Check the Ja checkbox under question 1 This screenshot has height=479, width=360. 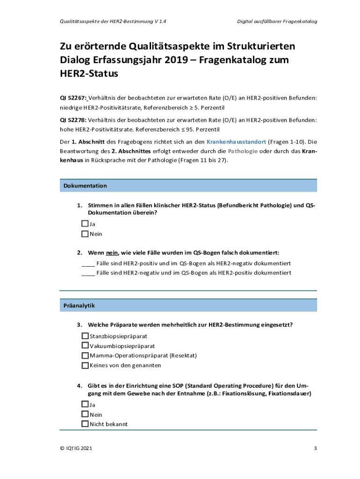[85, 224]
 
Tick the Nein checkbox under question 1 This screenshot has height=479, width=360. [85, 233]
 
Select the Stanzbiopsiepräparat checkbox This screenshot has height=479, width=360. [85, 336]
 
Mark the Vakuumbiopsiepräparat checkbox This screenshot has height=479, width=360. [85, 346]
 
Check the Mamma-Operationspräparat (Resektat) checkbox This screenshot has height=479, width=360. [85, 356]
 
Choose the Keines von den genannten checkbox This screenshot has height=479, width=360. [85, 365]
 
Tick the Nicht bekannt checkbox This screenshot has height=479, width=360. [85, 424]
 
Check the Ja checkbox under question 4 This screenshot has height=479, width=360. [85, 404]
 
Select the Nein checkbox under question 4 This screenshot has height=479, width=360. [85, 414]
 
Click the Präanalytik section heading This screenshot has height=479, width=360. [79, 305]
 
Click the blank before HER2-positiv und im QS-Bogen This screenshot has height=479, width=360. [88, 263]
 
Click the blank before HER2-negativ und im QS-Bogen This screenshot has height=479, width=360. [88, 273]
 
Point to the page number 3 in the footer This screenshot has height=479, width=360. [315, 449]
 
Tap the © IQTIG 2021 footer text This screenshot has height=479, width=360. [76, 449]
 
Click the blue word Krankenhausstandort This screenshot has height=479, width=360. [236, 141]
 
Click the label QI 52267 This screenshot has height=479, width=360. [72, 98]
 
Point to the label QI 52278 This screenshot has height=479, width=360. [72, 120]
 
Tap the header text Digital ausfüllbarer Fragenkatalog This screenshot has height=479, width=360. [277, 22]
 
